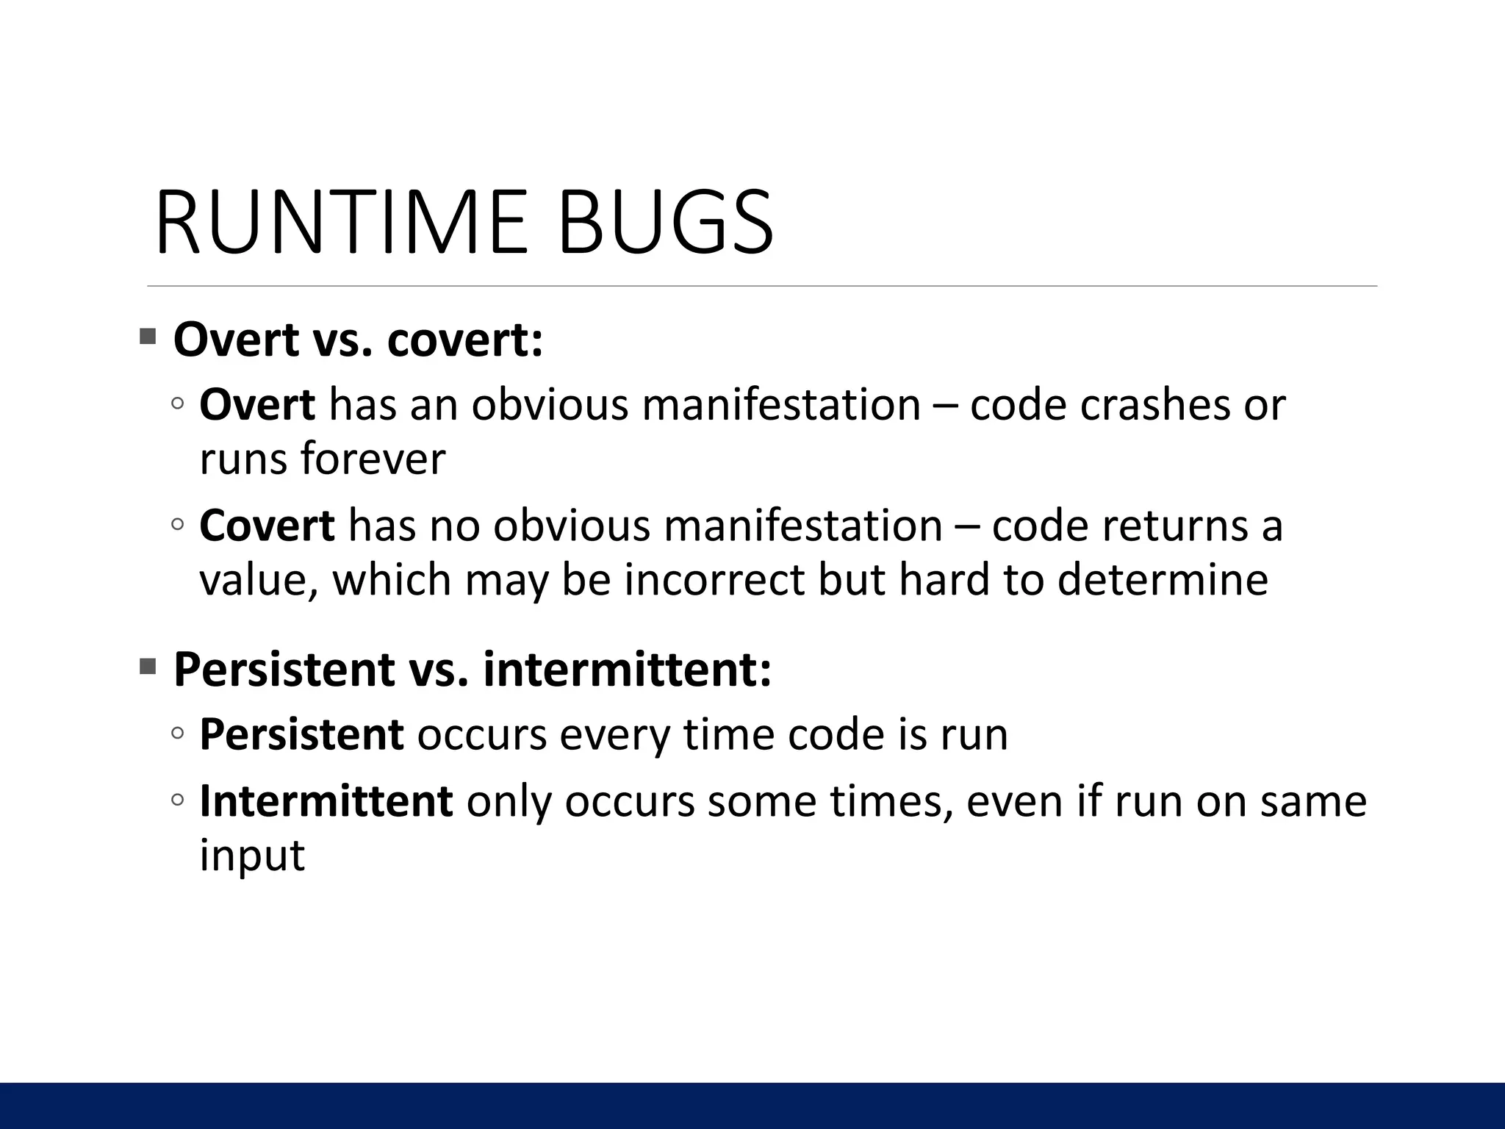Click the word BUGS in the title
pos(666,223)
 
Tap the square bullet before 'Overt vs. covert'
pos(148,337)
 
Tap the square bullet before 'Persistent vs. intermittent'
pos(148,667)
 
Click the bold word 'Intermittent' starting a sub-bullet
pos(326,801)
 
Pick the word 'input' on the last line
pos(252,855)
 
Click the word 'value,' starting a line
pos(259,581)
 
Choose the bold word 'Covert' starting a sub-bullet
pos(267,526)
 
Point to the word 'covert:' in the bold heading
pos(464,340)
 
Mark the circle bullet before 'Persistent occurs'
pos(177,734)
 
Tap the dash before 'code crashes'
pos(945,406)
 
